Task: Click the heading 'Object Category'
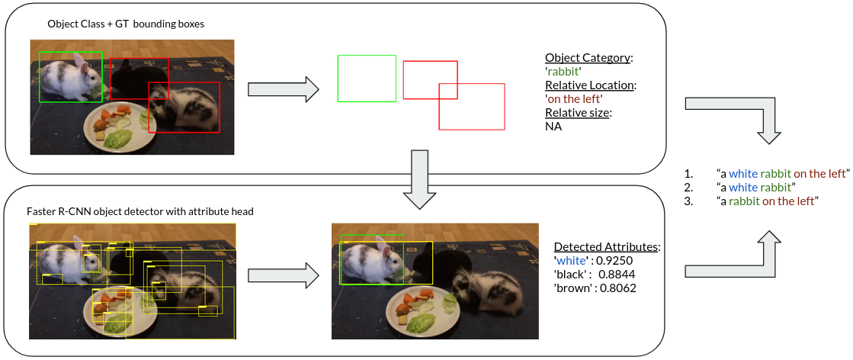point(588,58)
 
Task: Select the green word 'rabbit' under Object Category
point(563,72)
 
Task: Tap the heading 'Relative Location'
point(590,85)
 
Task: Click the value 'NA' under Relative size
point(553,127)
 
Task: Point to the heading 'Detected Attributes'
point(606,247)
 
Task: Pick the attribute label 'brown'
point(572,288)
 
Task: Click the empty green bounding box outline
point(367,78)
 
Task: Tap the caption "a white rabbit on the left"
point(783,173)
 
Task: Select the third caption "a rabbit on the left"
point(768,201)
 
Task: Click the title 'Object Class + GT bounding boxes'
point(126,24)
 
